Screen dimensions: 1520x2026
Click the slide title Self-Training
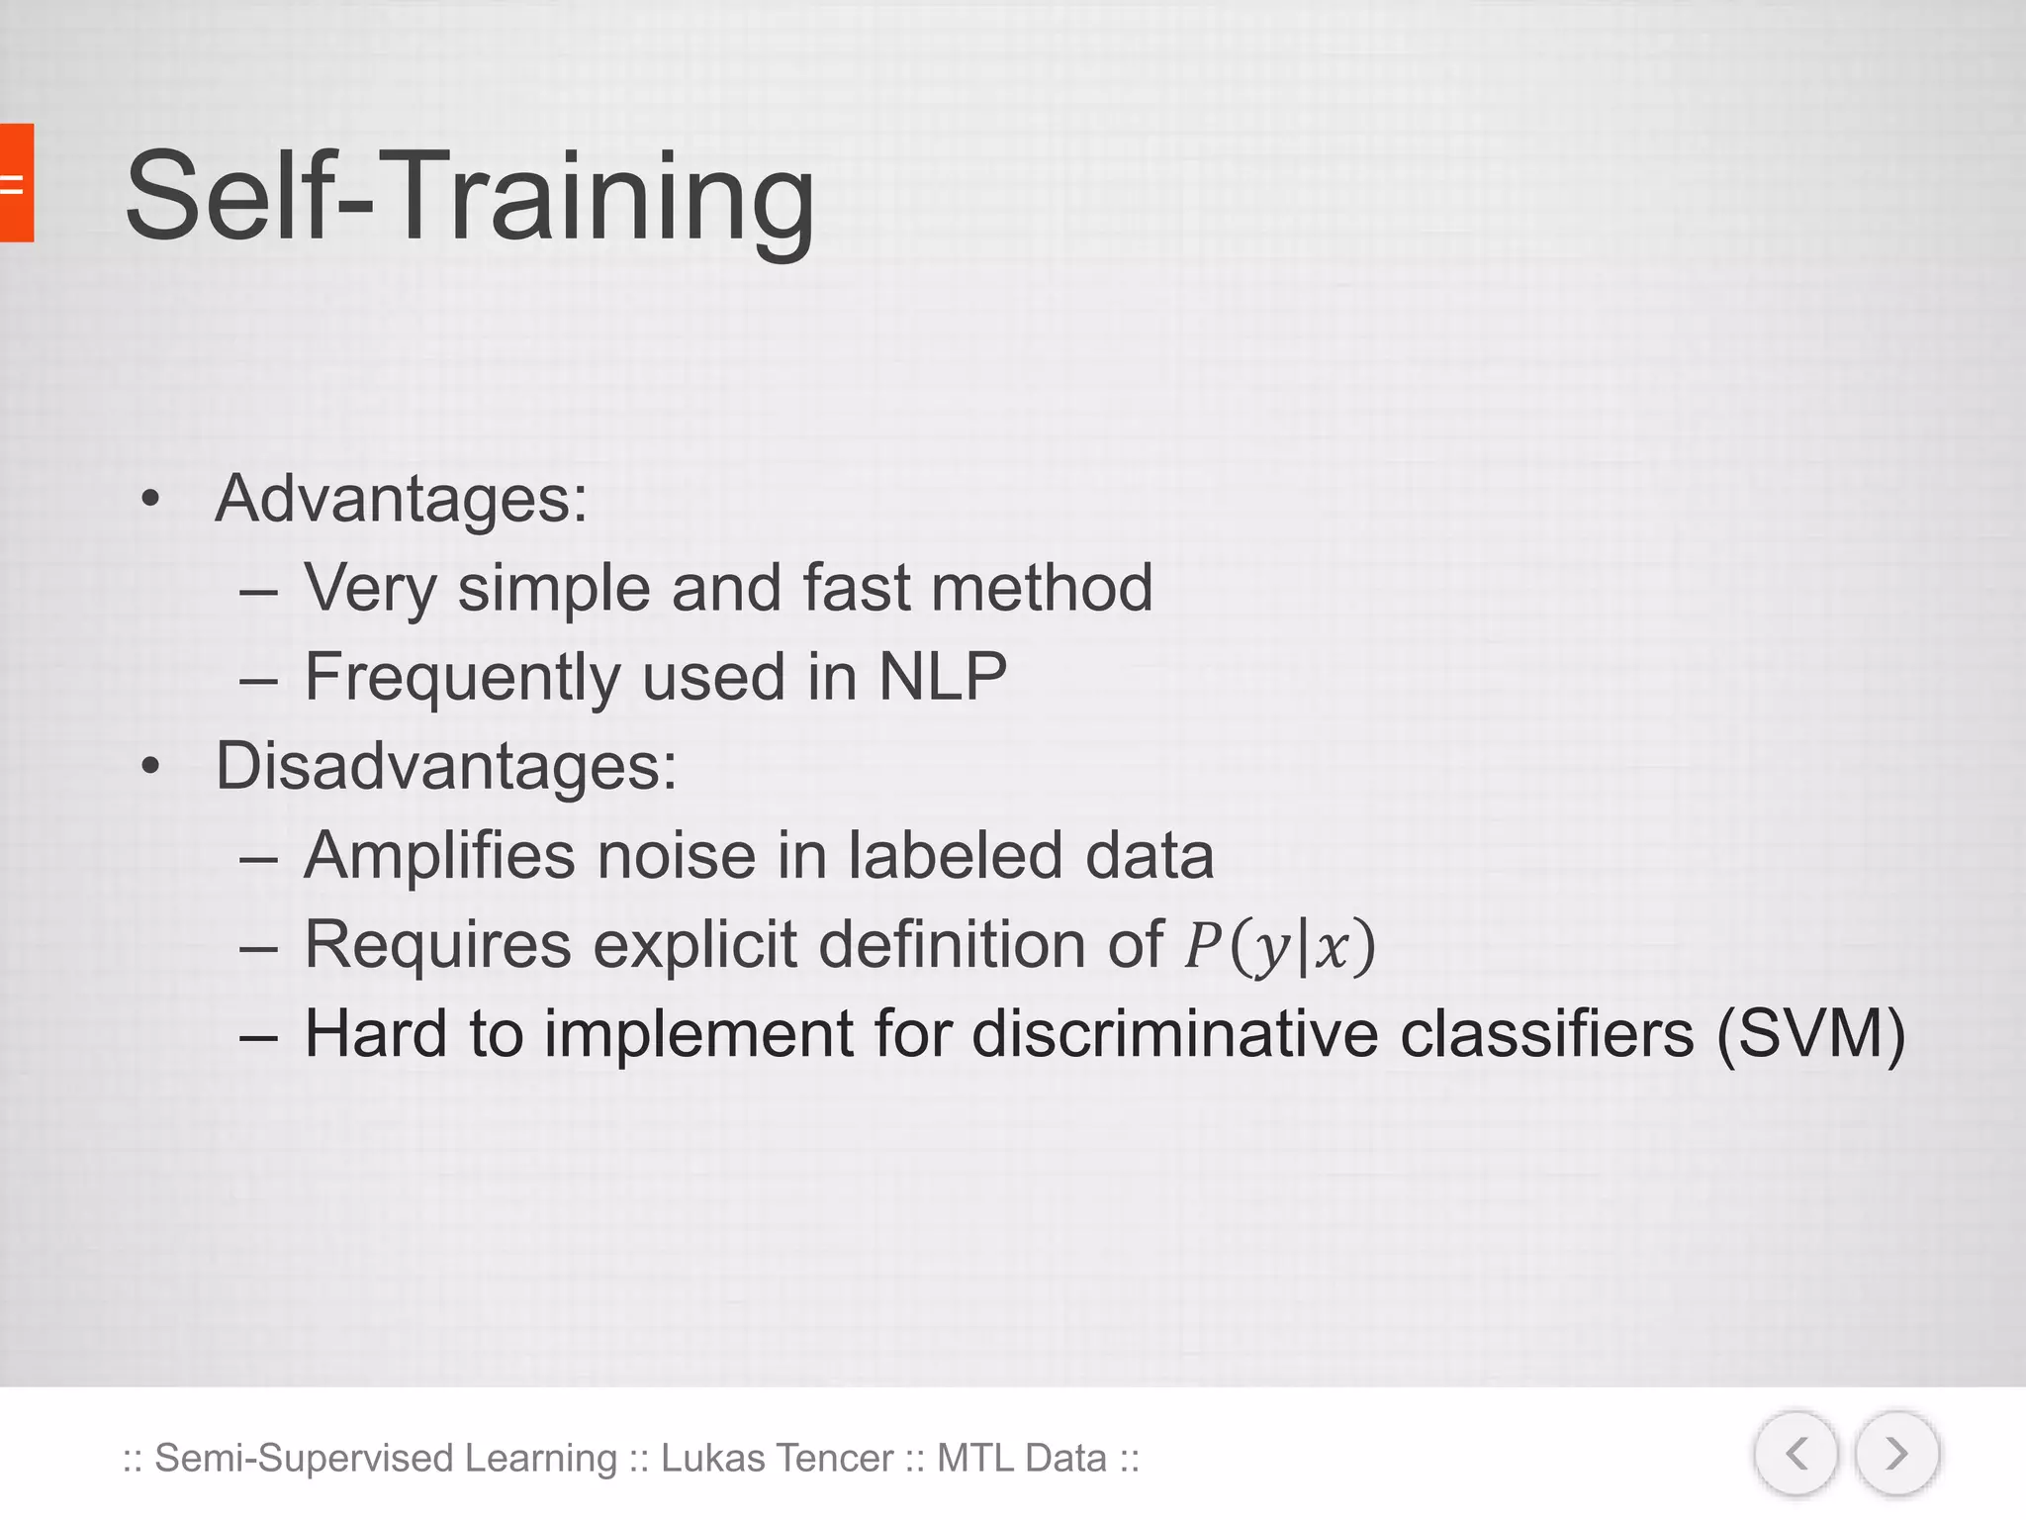470,195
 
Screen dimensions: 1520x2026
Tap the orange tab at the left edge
16,183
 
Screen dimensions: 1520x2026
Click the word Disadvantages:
446,766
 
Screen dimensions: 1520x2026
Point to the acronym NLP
943,677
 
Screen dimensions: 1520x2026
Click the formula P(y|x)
1280,946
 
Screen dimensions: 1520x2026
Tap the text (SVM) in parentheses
1810,1034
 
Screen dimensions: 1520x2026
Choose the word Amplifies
439,856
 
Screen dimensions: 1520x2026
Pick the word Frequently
462,679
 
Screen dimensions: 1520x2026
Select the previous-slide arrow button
1796,1454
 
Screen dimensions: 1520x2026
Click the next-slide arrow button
1896,1454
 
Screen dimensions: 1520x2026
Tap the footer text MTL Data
1021,1458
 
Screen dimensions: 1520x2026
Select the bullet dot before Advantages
149,499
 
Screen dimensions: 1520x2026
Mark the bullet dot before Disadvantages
149,766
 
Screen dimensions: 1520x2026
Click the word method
1042,588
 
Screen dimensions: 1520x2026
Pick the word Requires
437,945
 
